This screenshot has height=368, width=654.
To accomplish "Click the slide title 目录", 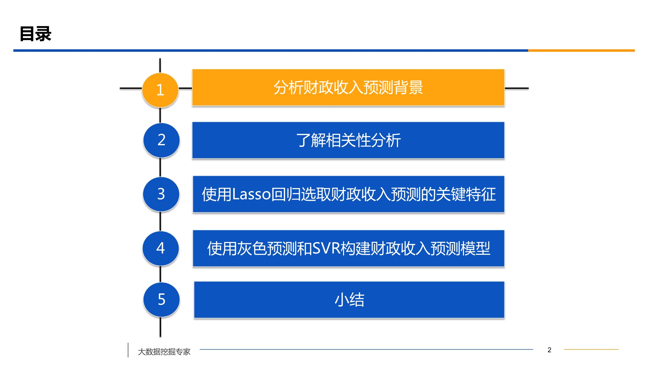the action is click(x=36, y=34).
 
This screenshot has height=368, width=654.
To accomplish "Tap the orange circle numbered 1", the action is click(x=160, y=90).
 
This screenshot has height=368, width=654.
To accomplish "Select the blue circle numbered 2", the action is click(x=162, y=140).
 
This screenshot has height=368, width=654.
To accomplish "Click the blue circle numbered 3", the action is click(x=161, y=194).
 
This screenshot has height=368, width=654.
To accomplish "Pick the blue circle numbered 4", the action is click(x=161, y=248).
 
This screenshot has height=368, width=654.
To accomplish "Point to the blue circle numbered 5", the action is click(x=162, y=299).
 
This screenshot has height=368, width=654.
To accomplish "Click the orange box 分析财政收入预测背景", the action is click(x=348, y=87).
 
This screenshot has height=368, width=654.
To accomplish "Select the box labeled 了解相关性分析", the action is click(x=348, y=140).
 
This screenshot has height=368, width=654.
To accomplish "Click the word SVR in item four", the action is click(x=326, y=248).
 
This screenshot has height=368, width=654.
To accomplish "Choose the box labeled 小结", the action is click(x=349, y=300).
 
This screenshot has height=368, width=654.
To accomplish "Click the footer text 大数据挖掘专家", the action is click(x=164, y=352).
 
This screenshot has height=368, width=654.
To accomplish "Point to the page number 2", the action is click(x=549, y=350).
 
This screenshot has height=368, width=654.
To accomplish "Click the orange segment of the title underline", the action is click(x=581, y=50).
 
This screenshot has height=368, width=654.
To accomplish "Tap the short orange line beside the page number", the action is click(x=591, y=349).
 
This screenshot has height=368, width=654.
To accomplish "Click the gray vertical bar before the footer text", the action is click(x=128, y=350).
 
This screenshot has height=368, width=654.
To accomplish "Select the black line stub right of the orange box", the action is click(x=517, y=88).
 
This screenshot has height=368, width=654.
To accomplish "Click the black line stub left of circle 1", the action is click(x=131, y=88).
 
